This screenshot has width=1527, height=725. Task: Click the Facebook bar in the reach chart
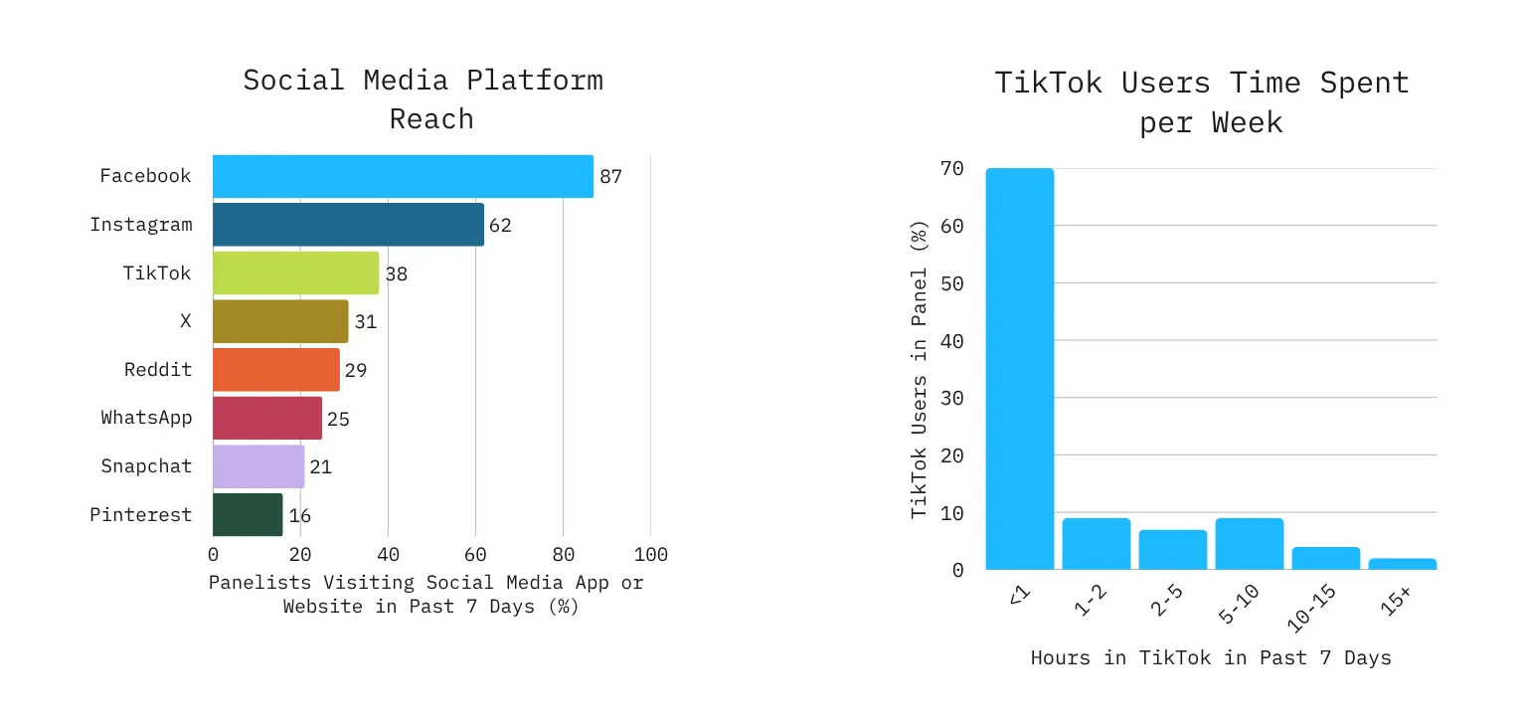(x=403, y=176)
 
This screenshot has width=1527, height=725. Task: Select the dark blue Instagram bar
(x=348, y=225)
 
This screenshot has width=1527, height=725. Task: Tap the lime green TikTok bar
(x=295, y=272)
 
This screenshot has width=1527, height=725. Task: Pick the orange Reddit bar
(x=275, y=370)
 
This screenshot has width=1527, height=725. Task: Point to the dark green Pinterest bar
(x=248, y=515)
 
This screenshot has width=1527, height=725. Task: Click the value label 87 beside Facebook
(x=610, y=177)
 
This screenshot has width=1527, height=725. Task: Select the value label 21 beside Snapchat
(x=320, y=466)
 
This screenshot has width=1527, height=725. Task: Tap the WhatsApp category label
(x=146, y=418)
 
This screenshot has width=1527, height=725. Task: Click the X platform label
(x=185, y=321)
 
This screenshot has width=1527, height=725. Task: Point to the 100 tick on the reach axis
(x=650, y=554)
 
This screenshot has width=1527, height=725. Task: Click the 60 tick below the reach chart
(x=475, y=554)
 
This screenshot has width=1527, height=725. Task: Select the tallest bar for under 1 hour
(x=1019, y=368)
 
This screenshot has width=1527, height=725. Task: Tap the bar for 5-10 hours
(x=1249, y=543)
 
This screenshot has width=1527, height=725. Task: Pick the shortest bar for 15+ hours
(x=1402, y=564)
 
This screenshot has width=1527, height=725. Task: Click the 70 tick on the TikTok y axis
(x=951, y=169)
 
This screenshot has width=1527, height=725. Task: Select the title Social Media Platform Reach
(x=424, y=98)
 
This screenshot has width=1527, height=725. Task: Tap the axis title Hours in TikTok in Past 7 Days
(x=1211, y=657)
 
